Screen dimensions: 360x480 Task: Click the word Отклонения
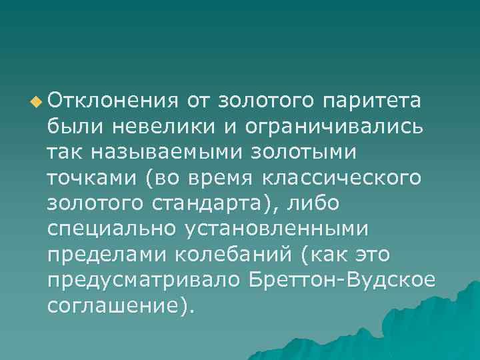coord(112,101)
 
